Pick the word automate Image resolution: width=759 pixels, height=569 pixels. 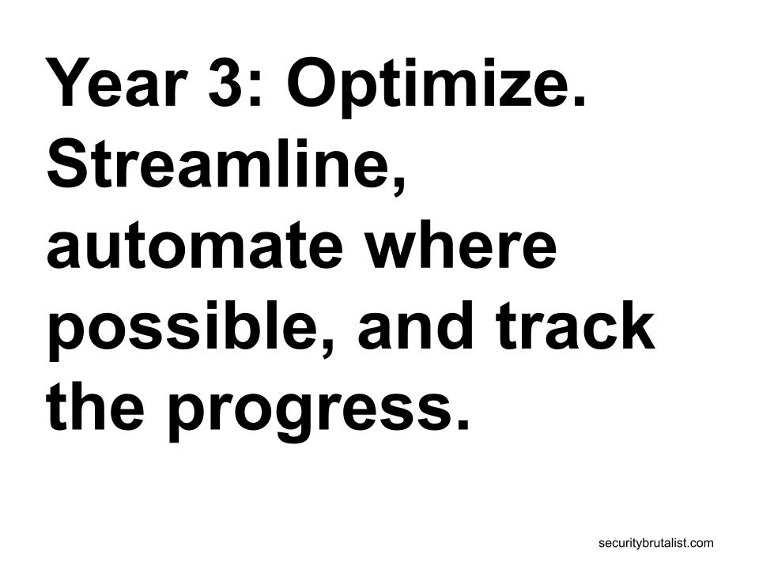[x=194, y=245]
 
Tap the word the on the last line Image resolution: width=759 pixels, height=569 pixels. [x=96, y=405]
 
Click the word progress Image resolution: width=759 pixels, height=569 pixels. [x=308, y=411]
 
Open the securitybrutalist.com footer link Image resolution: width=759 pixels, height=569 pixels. [x=656, y=543]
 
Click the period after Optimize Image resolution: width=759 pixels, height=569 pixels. [x=579, y=100]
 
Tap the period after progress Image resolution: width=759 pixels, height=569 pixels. [x=462, y=424]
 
